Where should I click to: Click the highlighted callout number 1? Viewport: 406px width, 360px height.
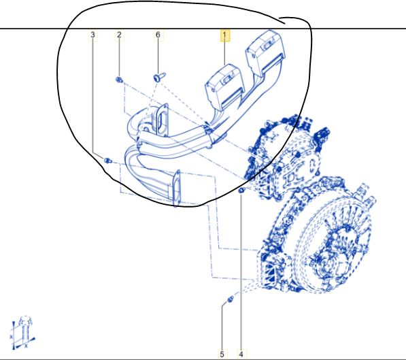click(x=224, y=35)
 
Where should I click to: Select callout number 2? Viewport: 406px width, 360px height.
click(x=119, y=35)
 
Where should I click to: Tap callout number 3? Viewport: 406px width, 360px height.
click(x=93, y=35)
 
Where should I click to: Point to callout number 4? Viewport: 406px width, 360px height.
click(x=241, y=354)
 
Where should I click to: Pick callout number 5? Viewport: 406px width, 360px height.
click(x=222, y=354)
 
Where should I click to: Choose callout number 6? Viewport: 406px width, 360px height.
click(x=158, y=35)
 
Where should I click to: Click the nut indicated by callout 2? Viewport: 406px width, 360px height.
click(x=119, y=80)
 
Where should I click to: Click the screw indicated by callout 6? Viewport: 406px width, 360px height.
click(x=159, y=77)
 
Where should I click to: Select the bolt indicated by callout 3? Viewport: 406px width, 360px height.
click(x=107, y=161)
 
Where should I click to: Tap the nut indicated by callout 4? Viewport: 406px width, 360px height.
click(x=241, y=191)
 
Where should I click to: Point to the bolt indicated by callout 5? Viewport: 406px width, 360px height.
click(x=230, y=299)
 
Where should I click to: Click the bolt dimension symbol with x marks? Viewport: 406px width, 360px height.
click(x=23, y=333)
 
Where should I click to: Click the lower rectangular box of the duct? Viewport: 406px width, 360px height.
click(x=224, y=86)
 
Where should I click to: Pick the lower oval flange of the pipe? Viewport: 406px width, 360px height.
click(x=177, y=187)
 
